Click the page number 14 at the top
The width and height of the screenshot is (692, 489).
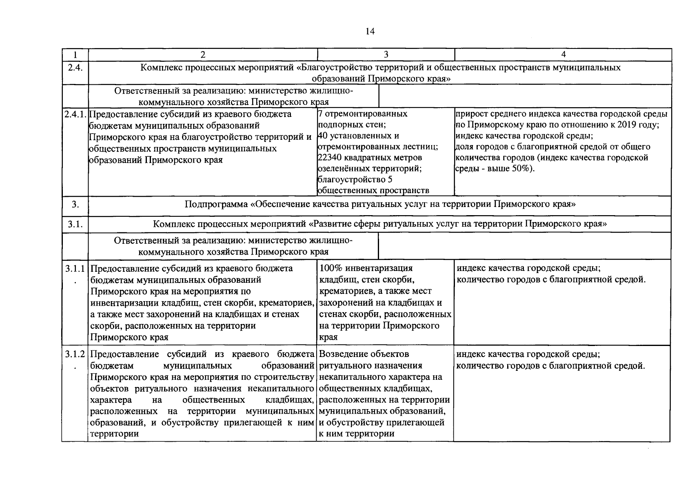(370, 32)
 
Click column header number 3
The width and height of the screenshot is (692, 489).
(386, 55)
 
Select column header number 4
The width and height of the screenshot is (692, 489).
(563, 55)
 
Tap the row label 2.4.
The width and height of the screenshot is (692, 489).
(75, 68)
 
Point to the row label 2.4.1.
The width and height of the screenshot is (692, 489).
(75, 114)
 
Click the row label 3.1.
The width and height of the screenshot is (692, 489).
(75, 224)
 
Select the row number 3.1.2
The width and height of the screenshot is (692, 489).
(75, 355)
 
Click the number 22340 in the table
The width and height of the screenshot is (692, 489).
(329, 158)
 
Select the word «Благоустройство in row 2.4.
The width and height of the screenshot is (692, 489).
(331, 68)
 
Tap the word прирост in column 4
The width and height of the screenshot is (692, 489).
(469, 114)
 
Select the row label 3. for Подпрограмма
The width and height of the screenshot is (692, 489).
(75, 204)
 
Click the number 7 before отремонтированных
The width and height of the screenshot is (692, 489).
(320, 114)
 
